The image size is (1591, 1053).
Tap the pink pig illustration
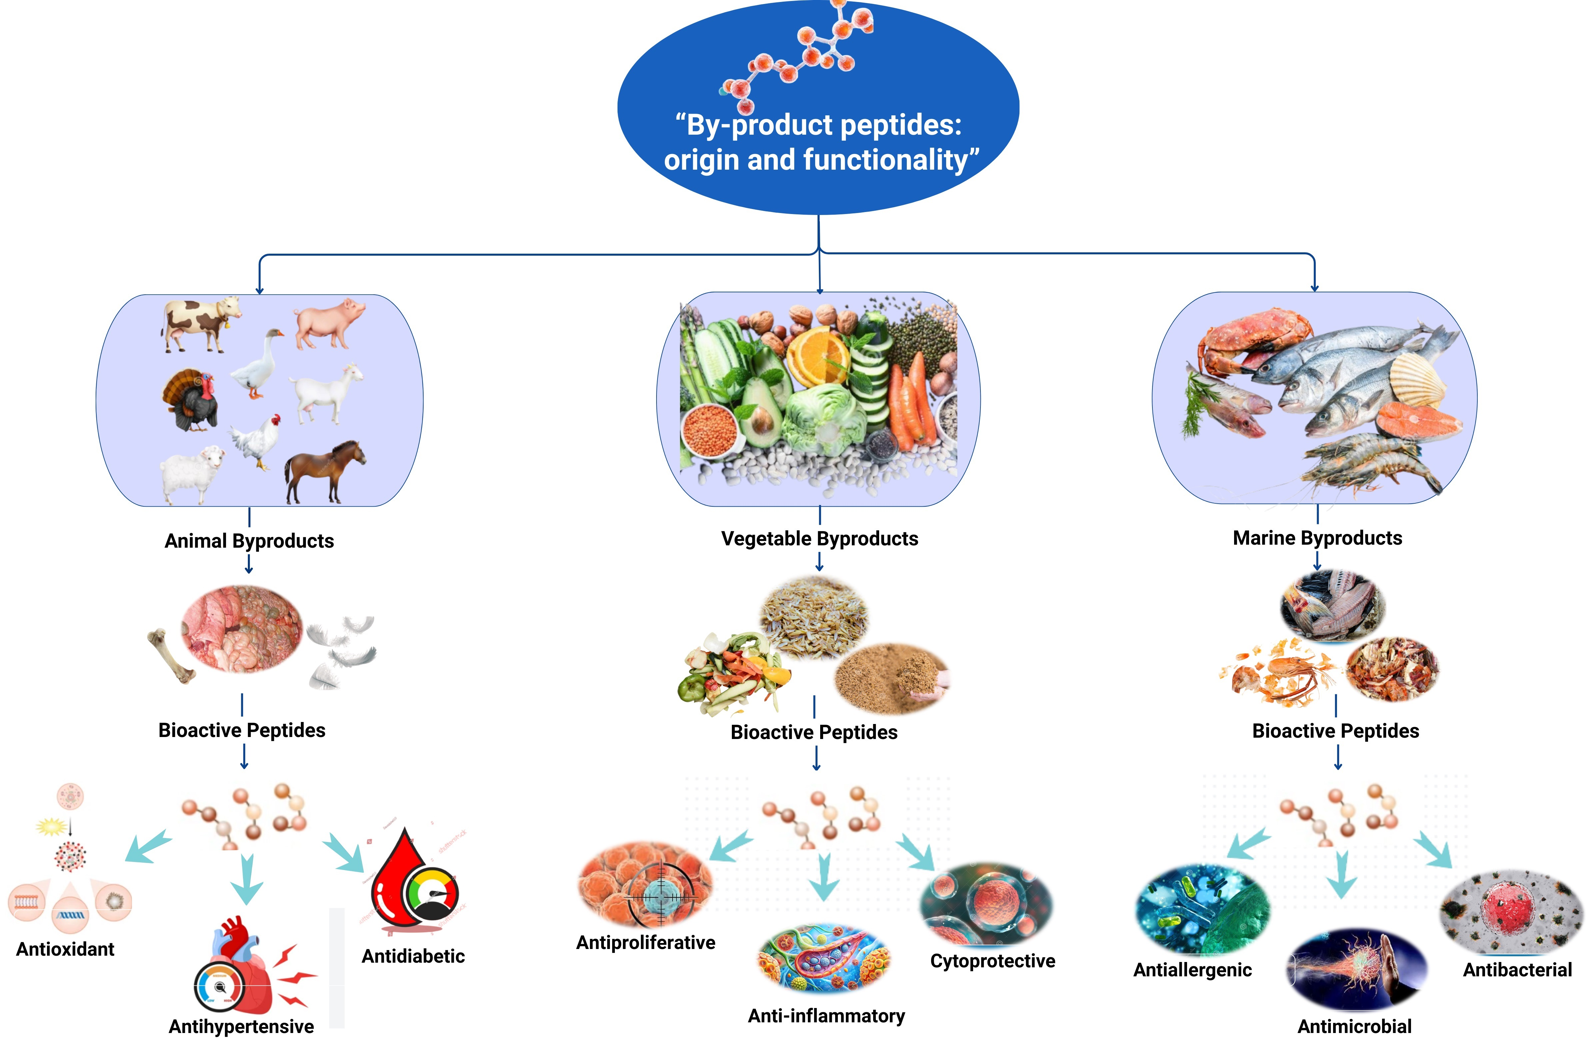(329, 322)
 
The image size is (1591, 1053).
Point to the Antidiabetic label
(413, 956)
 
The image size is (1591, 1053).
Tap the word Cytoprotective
(992, 960)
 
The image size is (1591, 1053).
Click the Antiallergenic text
(1192, 969)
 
